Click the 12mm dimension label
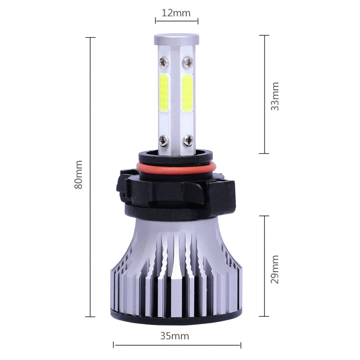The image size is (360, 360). tap(176, 13)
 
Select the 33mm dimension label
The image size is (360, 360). tap(275, 96)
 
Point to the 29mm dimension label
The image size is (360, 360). tap(275, 269)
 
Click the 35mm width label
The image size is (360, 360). tap(175, 336)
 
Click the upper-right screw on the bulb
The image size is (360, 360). tap(188, 61)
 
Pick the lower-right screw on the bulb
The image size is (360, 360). tap(188, 141)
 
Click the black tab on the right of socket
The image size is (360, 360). tap(229, 187)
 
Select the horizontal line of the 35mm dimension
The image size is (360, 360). tap(144, 344)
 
